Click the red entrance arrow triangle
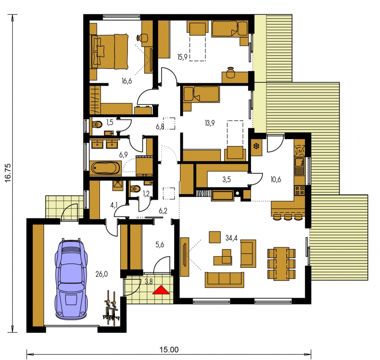[x=161, y=290]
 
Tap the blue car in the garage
[x=71, y=278]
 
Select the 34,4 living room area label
[x=231, y=238]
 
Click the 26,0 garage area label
[x=101, y=274]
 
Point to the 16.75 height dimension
[x=8, y=173]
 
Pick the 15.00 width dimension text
[x=169, y=350]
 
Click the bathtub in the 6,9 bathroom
[x=105, y=168]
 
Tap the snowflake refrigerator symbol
[x=256, y=146]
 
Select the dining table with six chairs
[x=281, y=264]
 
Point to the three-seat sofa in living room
[x=225, y=280]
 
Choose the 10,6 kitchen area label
[x=276, y=180]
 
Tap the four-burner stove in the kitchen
[x=300, y=191]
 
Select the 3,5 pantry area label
[x=227, y=180]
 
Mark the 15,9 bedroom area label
[x=182, y=57]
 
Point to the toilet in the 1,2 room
[x=135, y=188]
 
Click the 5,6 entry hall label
[x=159, y=245]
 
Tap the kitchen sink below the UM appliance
[x=300, y=166]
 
